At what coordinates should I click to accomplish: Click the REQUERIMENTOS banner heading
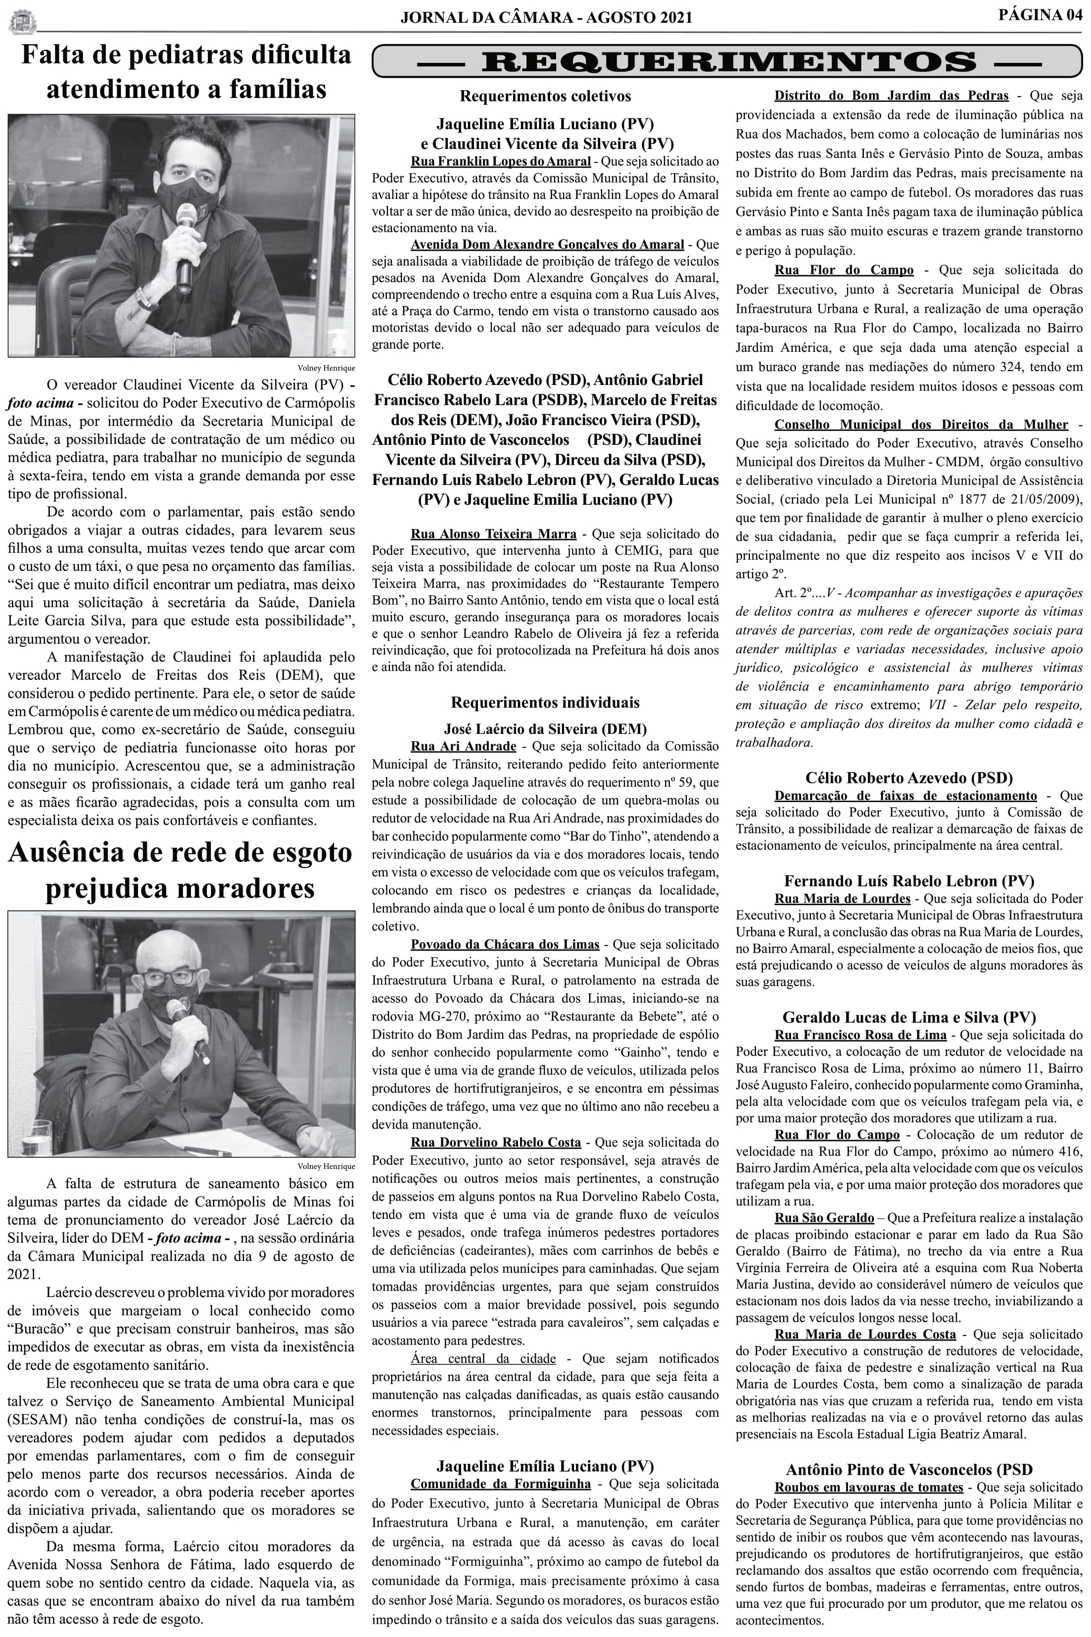pyautogui.click(x=728, y=61)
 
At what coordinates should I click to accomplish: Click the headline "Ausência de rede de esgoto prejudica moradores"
pyautogui.click(x=180, y=871)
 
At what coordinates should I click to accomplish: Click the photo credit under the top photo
pyautogui.click(x=326, y=368)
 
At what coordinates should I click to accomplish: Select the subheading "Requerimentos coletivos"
pyautogui.click(x=545, y=96)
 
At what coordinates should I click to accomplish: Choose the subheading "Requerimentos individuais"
pyautogui.click(x=545, y=703)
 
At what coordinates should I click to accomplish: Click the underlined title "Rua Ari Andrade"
pyautogui.click(x=464, y=746)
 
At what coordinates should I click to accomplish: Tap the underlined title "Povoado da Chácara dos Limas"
pyautogui.click(x=505, y=944)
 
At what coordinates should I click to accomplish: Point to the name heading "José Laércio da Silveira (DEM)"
pyautogui.click(x=545, y=728)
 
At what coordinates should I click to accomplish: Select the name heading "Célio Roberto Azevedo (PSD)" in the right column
pyautogui.click(x=909, y=778)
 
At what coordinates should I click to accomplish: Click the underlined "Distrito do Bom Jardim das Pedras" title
pyautogui.click(x=891, y=96)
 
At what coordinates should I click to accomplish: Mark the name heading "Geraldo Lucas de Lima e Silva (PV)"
pyautogui.click(x=909, y=1017)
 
